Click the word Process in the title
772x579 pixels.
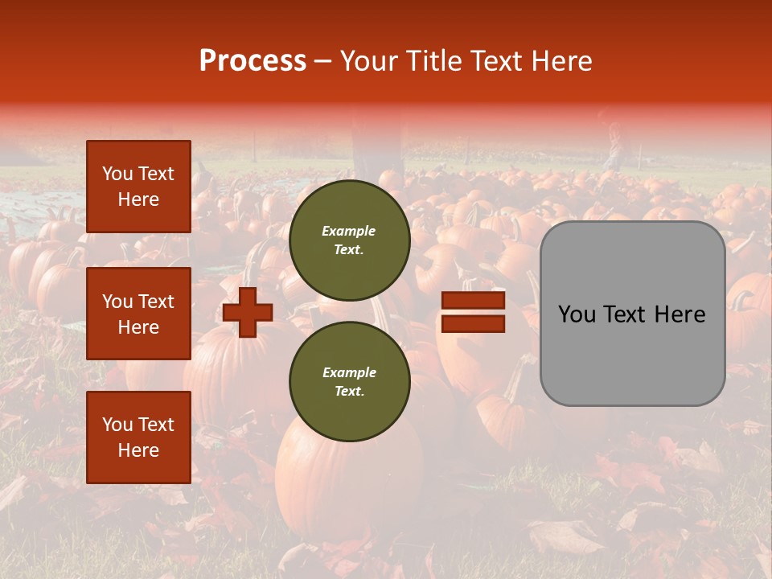(x=253, y=61)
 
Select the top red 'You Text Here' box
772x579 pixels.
(x=138, y=187)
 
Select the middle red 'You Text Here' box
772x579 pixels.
(x=138, y=314)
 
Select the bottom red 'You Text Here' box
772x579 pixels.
(x=138, y=437)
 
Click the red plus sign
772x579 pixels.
(x=248, y=312)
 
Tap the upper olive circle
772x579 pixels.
(x=349, y=240)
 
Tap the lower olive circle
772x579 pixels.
(x=349, y=381)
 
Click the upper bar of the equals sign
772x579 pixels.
(x=473, y=301)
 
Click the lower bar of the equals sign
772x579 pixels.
(x=473, y=324)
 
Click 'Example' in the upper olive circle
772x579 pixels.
(x=348, y=231)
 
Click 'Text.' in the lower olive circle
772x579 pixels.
(x=348, y=391)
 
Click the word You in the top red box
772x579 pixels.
(x=117, y=174)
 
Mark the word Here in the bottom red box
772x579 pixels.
(x=138, y=450)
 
